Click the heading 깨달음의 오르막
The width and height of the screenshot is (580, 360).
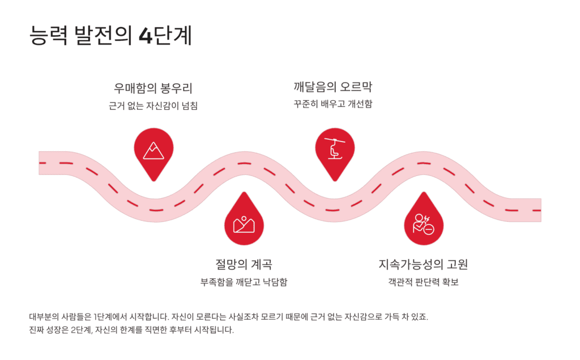(x=333, y=87)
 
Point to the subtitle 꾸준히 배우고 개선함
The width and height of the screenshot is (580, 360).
(x=333, y=104)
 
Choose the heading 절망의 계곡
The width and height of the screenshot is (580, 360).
(x=244, y=264)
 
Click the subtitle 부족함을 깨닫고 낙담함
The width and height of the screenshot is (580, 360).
(x=244, y=282)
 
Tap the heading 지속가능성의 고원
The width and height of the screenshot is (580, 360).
(x=423, y=264)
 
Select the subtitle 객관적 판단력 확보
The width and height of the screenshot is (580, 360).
(x=423, y=282)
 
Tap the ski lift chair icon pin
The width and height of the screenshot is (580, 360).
(x=334, y=148)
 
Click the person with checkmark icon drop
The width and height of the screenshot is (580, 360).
(x=424, y=224)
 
